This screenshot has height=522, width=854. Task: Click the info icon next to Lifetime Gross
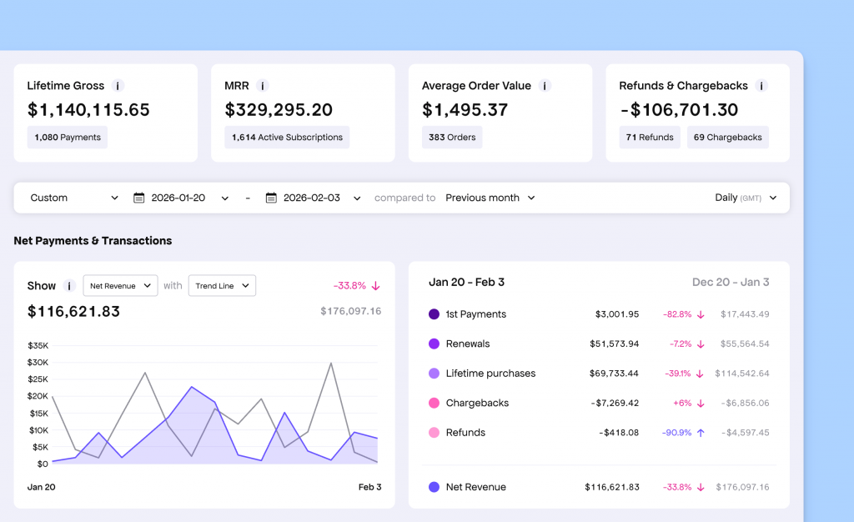coord(118,86)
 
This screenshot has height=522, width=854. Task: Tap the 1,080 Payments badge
coord(68,137)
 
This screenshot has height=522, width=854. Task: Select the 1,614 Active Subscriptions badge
coord(287,137)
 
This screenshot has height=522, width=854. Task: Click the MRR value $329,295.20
coord(279,110)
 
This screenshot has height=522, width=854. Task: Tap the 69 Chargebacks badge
coord(727,137)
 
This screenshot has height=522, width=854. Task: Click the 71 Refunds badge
coord(650,137)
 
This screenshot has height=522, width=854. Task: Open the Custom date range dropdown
coord(74,198)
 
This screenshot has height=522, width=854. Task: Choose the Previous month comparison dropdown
coord(490,198)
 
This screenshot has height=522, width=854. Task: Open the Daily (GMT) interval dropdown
coord(746,198)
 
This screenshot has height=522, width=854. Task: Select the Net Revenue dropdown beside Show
coord(120,286)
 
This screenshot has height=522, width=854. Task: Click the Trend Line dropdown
coord(222,286)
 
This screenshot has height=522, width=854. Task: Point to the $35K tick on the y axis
coord(38,345)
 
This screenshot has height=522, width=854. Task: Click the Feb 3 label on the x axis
coord(369,487)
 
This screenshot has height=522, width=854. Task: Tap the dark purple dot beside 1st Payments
coord(434,314)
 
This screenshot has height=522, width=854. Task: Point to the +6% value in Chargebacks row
coord(682,403)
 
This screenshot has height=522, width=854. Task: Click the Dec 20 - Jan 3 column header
coord(731,282)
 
